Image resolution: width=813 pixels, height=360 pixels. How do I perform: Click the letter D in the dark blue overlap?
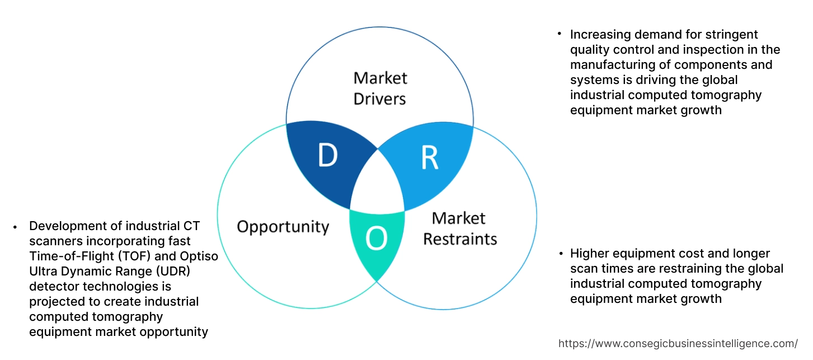point(328,156)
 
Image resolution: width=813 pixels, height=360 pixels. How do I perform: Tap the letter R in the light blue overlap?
point(430,158)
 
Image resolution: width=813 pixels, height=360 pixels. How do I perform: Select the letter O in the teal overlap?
point(377,240)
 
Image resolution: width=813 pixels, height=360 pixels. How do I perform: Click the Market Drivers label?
point(380,88)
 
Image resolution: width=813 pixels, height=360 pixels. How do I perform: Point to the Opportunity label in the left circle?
point(283,227)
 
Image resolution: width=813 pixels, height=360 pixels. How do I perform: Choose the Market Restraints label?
point(459,228)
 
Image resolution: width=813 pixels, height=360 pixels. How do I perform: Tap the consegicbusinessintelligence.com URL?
point(678,343)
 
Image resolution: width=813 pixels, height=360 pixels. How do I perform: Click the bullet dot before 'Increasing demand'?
point(559,35)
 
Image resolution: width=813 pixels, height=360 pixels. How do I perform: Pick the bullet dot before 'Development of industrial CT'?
point(16,226)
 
